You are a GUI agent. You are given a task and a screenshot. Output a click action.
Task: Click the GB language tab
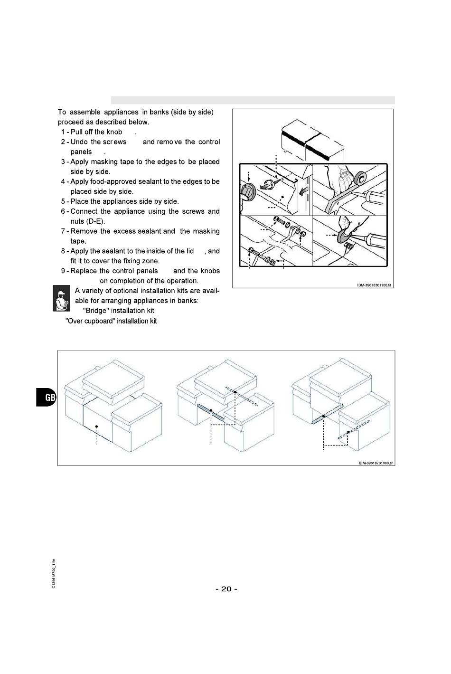pos(46,397)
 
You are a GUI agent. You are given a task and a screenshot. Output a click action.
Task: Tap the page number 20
pos(226,589)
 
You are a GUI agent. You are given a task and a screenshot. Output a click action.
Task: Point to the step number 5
pos(63,201)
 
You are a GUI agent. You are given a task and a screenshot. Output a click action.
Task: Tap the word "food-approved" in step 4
pos(112,181)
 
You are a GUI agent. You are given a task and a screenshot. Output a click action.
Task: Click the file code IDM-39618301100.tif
pos(375,285)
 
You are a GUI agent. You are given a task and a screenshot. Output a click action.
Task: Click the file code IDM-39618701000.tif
pos(376,463)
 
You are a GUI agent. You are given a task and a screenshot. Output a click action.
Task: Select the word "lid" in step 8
pos(189,251)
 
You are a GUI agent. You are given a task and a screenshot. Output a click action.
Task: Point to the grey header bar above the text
pos(253,100)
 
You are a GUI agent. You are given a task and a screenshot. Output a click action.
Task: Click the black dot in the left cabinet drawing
pos(96,427)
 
